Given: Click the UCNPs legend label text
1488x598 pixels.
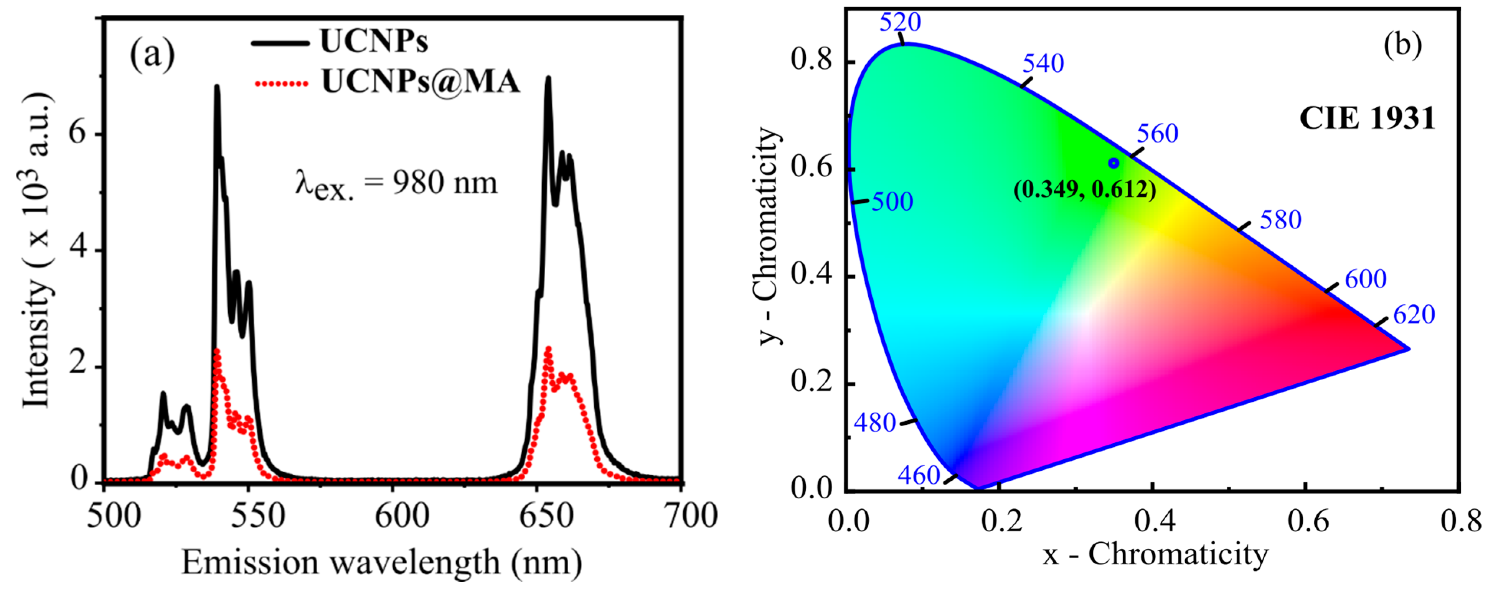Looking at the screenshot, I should (x=374, y=41).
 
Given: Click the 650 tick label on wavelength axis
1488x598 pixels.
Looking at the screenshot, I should (x=546, y=516).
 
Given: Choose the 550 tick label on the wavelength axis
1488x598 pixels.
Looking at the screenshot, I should (x=257, y=516).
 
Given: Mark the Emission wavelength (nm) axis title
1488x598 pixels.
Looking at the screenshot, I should (x=381, y=562).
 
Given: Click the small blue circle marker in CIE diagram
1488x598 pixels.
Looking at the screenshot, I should (x=1114, y=163).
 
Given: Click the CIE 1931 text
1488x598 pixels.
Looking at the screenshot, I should (x=1367, y=118).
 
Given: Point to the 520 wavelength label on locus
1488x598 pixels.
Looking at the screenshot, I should (x=900, y=23).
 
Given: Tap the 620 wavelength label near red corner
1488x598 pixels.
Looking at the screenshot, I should (x=1414, y=315).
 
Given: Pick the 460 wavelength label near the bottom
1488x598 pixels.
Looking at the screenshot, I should (x=919, y=475).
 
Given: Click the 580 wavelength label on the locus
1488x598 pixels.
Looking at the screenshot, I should (x=1281, y=220).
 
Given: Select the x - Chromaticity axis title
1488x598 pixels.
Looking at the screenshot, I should (x=1155, y=555).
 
